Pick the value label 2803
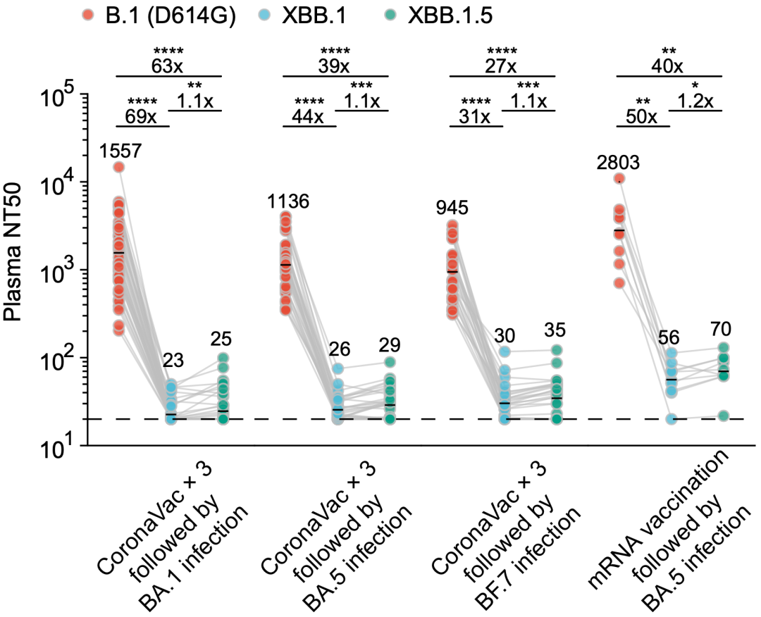coord(618,163)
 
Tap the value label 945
coord(452,208)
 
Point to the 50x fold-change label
coord(641,116)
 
